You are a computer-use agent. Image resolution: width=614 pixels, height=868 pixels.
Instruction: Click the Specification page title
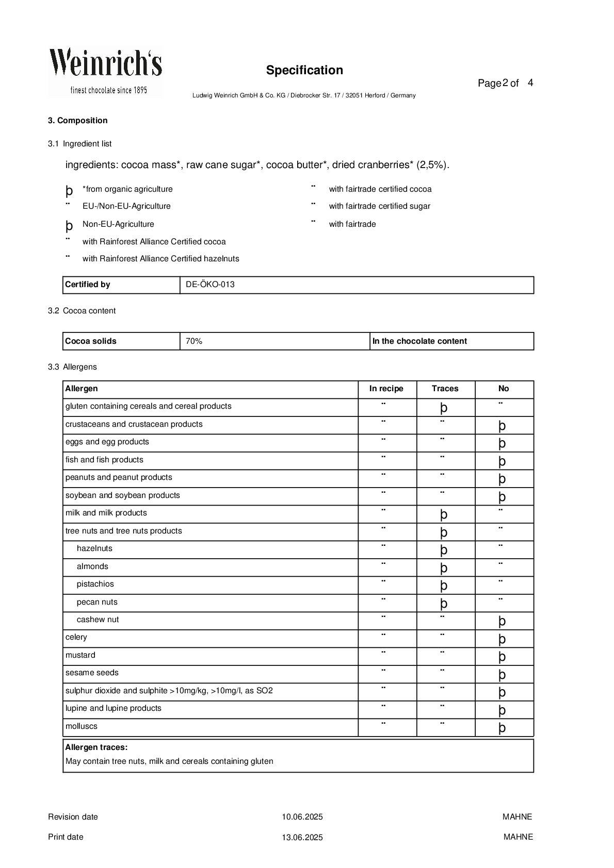(304, 70)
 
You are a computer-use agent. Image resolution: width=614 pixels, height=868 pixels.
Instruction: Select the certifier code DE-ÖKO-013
(210, 285)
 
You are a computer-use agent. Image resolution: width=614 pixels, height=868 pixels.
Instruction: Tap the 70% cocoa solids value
(194, 341)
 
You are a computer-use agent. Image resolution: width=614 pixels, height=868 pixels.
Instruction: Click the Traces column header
(445, 389)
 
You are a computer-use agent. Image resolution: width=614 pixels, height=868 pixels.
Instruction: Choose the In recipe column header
(386, 389)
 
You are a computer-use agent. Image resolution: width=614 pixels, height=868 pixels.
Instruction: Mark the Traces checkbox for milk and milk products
(444, 514)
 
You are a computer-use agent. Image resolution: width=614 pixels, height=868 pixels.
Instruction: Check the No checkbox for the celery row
(502, 639)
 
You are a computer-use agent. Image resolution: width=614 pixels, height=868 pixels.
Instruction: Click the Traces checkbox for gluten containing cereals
(444, 408)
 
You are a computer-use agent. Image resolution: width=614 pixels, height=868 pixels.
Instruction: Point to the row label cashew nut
(98, 620)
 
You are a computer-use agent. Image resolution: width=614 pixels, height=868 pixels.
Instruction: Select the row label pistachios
(95, 584)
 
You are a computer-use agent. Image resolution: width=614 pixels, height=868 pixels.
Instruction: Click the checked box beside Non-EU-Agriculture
(69, 226)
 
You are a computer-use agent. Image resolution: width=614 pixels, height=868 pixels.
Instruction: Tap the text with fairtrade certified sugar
(379, 206)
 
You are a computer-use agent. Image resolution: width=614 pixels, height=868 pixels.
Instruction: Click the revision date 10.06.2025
(302, 817)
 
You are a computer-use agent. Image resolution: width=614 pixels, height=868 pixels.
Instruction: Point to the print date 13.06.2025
(302, 838)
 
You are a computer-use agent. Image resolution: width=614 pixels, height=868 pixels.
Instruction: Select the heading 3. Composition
(78, 121)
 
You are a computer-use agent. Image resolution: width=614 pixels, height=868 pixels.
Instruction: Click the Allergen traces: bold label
(96, 747)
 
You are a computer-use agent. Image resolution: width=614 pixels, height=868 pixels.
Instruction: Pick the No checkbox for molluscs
(502, 728)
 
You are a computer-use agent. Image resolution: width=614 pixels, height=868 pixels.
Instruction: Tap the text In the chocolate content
(419, 341)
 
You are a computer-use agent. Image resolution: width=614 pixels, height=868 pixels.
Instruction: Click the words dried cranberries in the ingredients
(371, 165)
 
